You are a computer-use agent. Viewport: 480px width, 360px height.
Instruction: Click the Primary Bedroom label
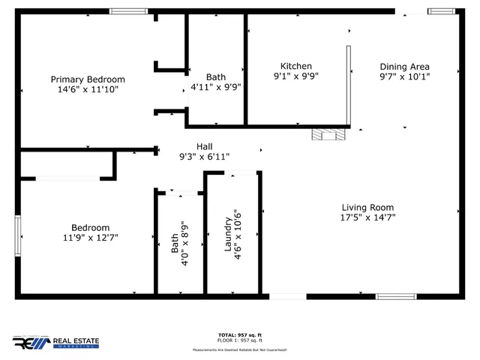(x=88, y=79)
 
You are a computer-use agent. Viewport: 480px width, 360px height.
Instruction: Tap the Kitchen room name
(x=296, y=66)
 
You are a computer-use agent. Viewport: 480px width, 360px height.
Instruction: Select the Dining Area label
(x=404, y=66)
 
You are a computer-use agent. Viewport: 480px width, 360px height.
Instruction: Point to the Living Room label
(x=367, y=208)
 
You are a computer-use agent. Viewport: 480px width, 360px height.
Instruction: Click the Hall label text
(x=204, y=146)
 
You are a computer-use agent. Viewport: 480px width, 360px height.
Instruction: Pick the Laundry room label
(x=229, y=233)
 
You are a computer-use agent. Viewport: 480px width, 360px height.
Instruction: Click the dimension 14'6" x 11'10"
(x=88, y=89)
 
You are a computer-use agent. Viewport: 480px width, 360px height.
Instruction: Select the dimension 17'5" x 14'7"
(x=367, y=218)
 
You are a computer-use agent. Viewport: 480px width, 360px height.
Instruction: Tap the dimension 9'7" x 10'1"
(x=404, y=76)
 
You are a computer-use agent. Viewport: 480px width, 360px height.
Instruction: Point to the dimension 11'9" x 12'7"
(x=91, y=238)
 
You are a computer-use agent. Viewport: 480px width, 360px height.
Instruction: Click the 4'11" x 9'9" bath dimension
(x=216, y=87)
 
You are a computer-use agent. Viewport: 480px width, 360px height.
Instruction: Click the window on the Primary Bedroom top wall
(x=128, y=10)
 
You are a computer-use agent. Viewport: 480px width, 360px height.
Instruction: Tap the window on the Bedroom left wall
(x=18, y=235)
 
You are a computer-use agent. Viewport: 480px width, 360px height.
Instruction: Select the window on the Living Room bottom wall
(x=396, y=297)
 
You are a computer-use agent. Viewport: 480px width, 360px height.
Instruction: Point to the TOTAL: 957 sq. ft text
(x=240, y=334)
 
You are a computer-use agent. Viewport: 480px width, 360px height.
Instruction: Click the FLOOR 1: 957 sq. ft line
(x=240, y=340)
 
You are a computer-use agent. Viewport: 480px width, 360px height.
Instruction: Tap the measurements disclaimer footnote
(x=240, y=349)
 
